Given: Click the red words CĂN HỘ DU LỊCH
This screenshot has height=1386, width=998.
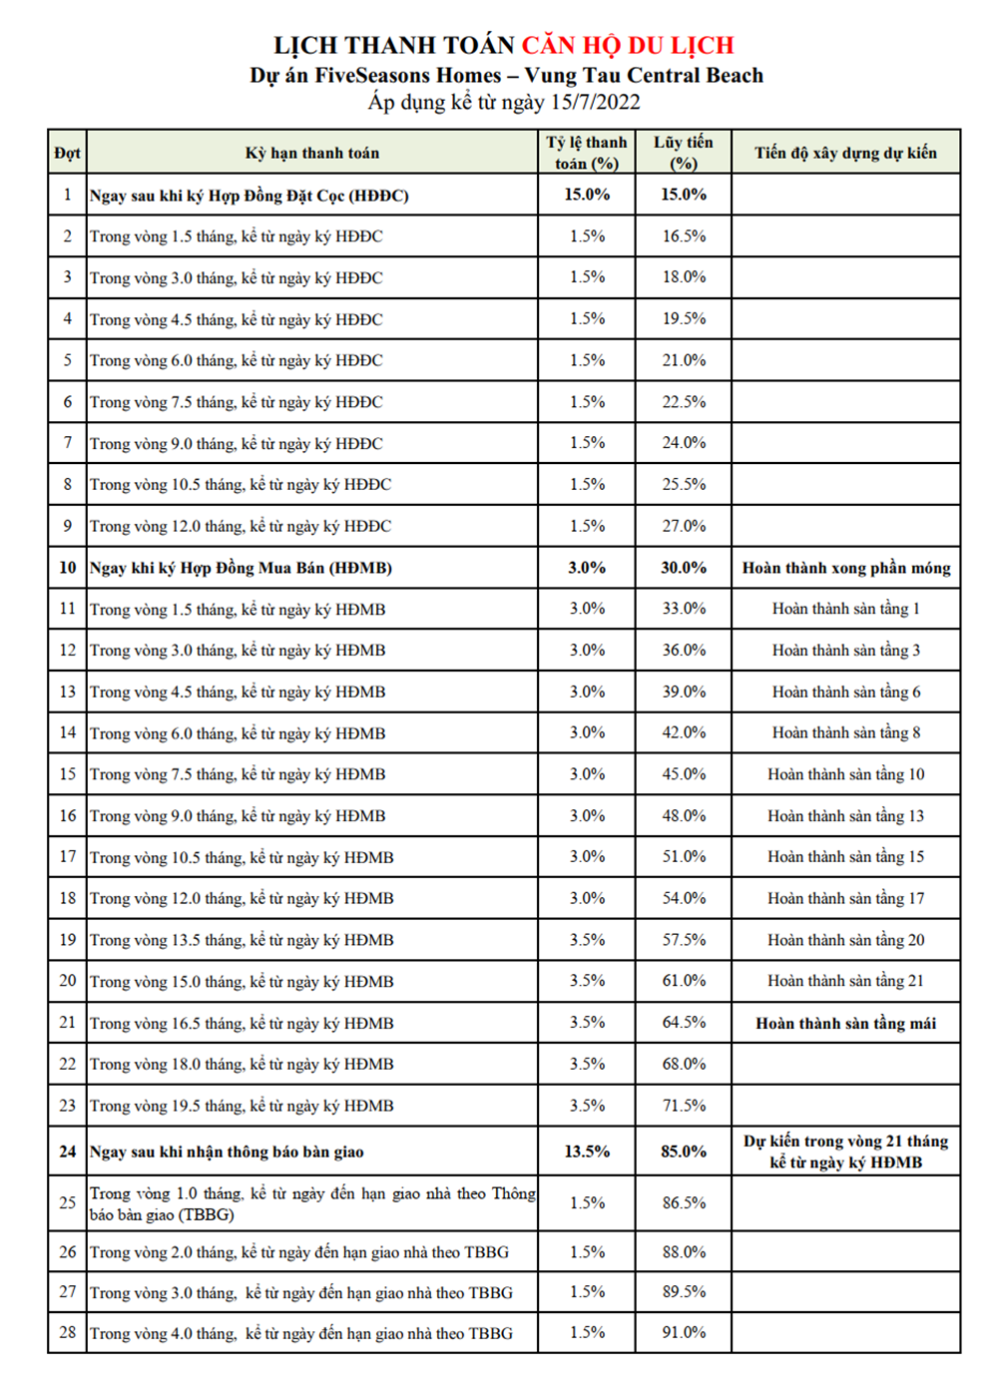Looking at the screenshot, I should click(628, 45).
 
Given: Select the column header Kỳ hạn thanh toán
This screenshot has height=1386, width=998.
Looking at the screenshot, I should click(312, 153).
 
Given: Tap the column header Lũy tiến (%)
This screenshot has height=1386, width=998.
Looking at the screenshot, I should click(684, 153).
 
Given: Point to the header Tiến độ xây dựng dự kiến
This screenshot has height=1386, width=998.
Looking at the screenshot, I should click(845, 153).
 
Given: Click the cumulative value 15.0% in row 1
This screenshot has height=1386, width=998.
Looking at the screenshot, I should click(684, 195).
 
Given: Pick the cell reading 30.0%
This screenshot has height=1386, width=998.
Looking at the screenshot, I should click(684, 568).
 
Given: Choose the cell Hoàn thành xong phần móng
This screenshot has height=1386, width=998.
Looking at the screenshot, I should click(846, 568).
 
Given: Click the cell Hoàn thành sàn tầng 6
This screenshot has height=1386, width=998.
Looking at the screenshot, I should click(846, 692).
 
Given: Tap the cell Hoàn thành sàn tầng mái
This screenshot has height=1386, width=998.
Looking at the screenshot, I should click(846, 1023).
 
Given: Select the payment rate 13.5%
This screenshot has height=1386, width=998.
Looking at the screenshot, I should click(587, 1152).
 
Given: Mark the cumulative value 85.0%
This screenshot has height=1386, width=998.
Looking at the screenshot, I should click(684, 1152).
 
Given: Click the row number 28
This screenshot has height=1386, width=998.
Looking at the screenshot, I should click(68, 1333).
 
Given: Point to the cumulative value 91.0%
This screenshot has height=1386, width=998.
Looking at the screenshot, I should click(684, 1333).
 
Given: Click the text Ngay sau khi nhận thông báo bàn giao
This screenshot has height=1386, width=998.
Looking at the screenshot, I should click(227, 1152).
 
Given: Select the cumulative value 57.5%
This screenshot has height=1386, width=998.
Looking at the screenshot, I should click(684, 940).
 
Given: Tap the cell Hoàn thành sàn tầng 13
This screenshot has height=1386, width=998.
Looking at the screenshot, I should click(846, 816).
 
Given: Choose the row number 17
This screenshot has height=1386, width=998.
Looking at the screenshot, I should click(68, 857).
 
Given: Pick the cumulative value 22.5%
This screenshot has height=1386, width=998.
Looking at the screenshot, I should click(684, 402).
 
